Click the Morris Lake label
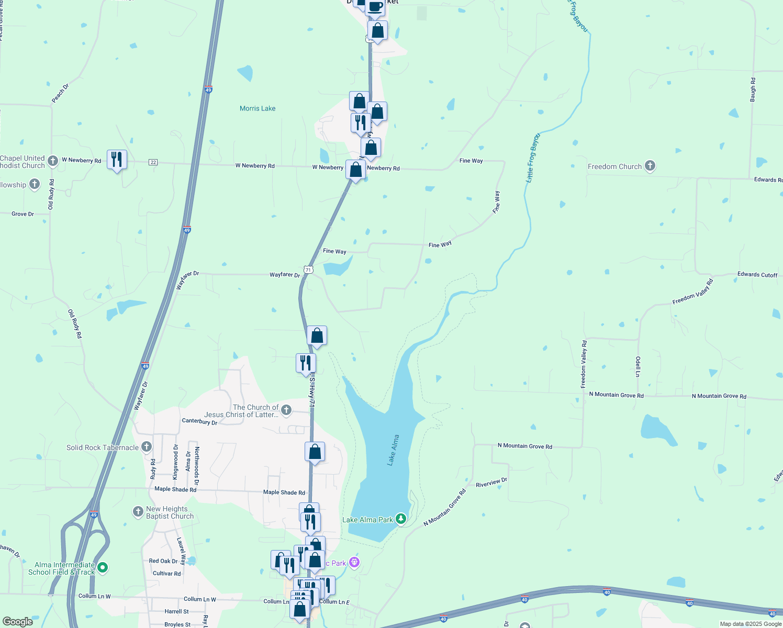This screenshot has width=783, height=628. click(258, 108)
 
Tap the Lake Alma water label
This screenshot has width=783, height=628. click(393, 450)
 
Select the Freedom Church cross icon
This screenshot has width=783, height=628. click(650, 166)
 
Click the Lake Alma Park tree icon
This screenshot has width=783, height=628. click(401, 519)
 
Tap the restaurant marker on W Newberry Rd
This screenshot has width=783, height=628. click(117, 159)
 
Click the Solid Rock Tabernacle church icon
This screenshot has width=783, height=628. click(147, 447)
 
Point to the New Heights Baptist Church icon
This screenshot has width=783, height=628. click(138, 511)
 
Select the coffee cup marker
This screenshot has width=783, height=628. click(375, 7)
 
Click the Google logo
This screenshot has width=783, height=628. click(17, 622)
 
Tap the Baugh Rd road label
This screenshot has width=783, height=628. click(753, 89)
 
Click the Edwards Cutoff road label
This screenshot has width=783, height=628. click(757, 274)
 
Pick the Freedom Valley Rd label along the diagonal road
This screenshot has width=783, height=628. click(692, 292)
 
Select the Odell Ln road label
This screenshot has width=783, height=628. click(638, 367)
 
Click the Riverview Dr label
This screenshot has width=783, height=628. click(491, 482)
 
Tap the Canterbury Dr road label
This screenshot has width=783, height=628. click(199, 421)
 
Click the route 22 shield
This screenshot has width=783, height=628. click(153, 162)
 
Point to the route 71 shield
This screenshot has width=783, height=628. click(309, 270)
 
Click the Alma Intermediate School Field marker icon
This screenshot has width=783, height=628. click(103, 567)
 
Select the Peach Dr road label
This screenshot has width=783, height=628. click(60, 93)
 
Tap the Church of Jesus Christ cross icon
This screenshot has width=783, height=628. click(286, 410)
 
